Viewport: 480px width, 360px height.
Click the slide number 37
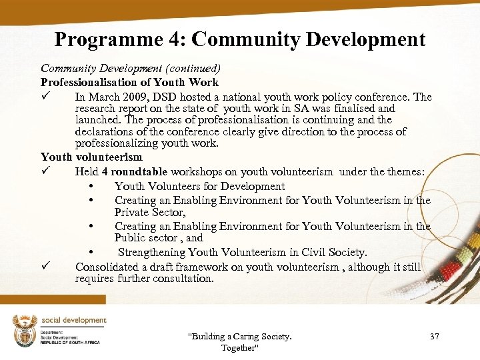click(x=435, y=336)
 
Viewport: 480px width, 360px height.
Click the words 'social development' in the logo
click(x=74, y=321)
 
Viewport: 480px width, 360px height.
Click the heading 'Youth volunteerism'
click(x=91, y=157)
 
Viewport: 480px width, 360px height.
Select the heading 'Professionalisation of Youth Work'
click(x=129, y=83)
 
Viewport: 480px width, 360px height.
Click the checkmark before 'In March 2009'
click(x=45, y=96)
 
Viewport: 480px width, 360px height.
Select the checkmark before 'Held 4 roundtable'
click(x=45, y=171)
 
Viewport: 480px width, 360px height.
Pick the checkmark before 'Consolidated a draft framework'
click(x=45, y=267)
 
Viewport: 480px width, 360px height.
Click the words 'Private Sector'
click(x=149, y=212)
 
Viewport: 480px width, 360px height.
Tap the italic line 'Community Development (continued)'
click(x=131, y=68)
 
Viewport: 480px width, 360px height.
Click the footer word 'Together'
click(x=239, y=348)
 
